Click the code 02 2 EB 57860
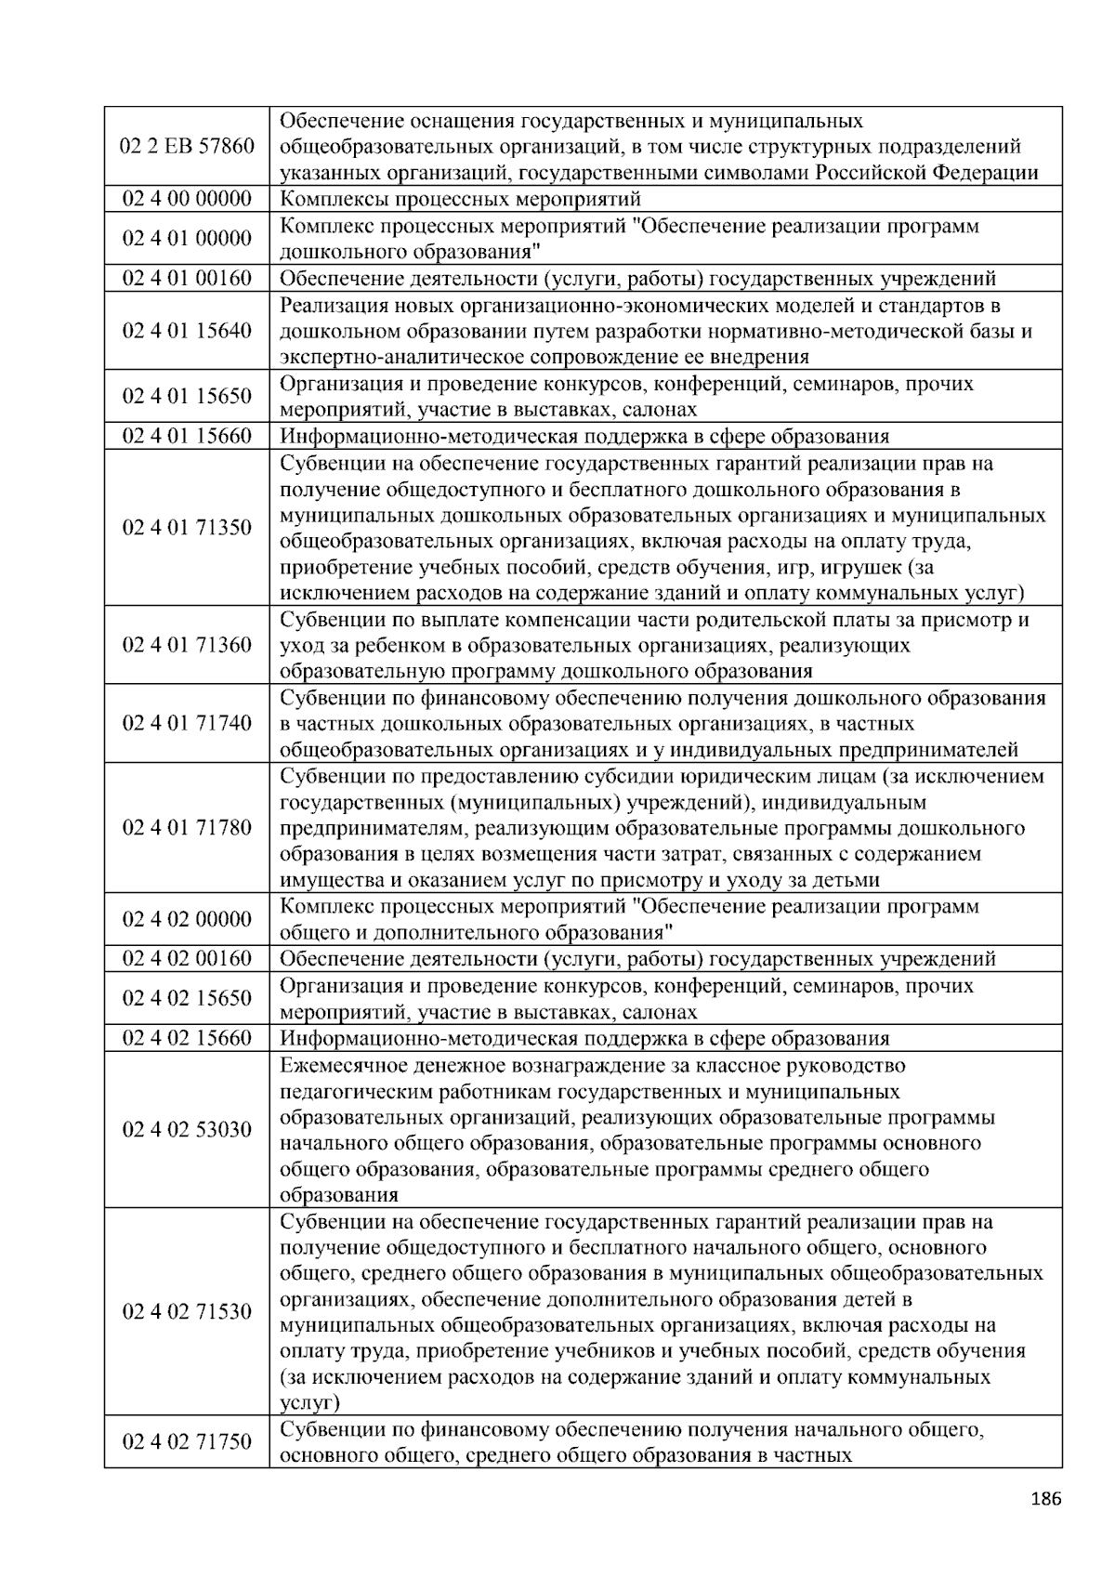[x=187, y=146]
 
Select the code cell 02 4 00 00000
[x=187, y=199]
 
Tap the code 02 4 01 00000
[x=187, y=239]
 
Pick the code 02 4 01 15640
[x=187, y=331]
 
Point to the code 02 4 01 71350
[x=187, y=528]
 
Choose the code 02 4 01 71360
[x=187, y=645]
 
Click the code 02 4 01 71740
[x=187, y=723]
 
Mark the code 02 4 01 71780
[x=187, y=828]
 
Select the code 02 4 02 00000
[x=187, y=919]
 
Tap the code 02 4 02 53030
[x=187, y=1130]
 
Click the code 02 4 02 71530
[x=187, y=1312]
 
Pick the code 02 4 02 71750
[x=187, y=1442]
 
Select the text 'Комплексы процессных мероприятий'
[x=460, y=199]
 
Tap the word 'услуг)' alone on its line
[x=309, y=1402]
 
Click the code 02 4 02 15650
[x=187, y=998]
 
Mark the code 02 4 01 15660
[x=187, y=437]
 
